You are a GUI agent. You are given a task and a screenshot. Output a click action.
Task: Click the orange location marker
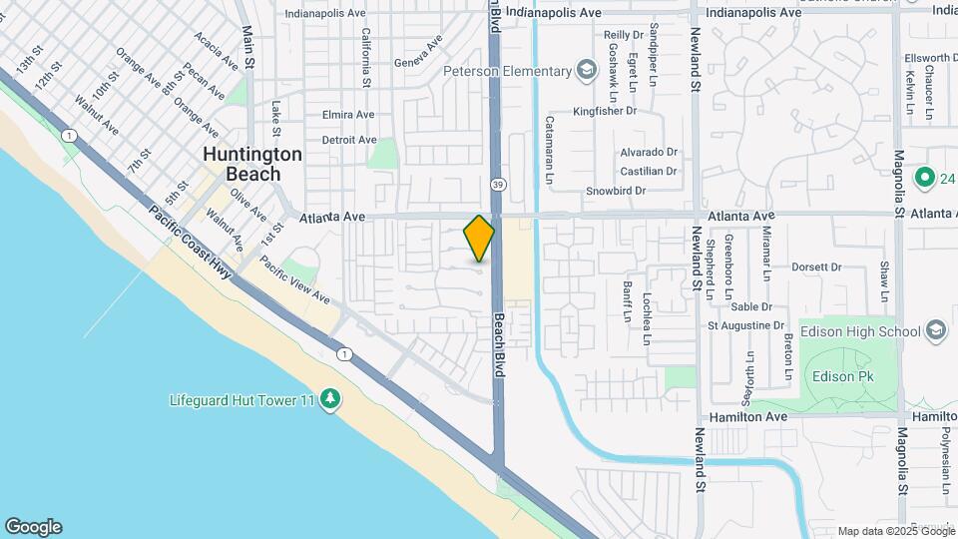(479, 239)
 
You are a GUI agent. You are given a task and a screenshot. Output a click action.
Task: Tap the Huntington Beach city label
(252, 164)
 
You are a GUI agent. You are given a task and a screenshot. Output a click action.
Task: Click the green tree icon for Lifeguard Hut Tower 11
(329, 400)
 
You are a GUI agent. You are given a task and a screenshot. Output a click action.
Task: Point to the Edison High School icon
(936, 330)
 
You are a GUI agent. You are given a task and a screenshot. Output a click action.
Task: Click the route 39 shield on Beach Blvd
(496, 184)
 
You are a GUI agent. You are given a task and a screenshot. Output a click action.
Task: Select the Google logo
(33, 527)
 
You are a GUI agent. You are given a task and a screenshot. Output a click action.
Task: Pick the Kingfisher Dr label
(605, 112)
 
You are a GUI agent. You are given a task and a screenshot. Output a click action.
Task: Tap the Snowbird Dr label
(616, 191)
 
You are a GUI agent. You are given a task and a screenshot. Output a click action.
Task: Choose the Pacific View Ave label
(294, 278)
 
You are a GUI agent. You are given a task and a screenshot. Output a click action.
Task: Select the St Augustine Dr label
(745, 325)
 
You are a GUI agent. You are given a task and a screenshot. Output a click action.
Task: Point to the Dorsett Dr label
(817, 268)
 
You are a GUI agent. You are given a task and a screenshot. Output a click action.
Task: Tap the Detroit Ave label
(349, 140)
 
